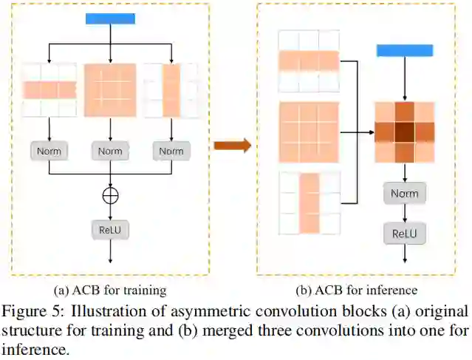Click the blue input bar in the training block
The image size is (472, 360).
(110, 18)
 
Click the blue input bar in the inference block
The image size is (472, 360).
(404, 50)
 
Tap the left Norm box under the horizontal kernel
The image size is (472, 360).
(49, 151)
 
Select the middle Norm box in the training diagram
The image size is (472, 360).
(110, 151)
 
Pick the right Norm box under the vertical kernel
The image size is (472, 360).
(171, 151)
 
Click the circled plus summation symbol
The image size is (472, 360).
(110, 195)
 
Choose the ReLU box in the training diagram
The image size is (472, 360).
(110, 229)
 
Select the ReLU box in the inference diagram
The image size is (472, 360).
(404, 234)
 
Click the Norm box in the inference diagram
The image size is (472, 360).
(404, 194)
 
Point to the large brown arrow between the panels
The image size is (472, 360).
(232, 145)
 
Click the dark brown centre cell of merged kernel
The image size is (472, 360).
(404, 132)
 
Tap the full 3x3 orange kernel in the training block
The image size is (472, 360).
(110, 90)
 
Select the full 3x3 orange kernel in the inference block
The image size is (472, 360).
(309, 132)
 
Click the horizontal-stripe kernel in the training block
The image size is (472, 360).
(49, 90)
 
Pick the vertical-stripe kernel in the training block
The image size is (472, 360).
(171, 90)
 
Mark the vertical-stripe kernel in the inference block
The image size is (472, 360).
(309, 202)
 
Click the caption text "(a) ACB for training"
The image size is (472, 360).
(111, 289)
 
